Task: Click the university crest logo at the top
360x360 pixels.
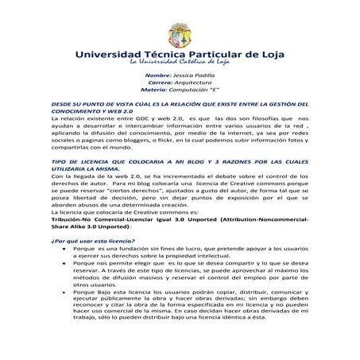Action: pos(180,30)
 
